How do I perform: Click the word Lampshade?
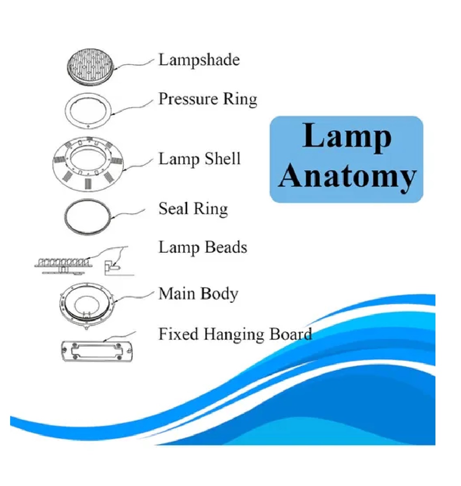point(199,60)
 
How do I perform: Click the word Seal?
point(173,209)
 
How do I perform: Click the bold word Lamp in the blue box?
point(347,136)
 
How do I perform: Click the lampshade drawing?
point(90,67)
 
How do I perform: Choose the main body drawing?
point(88,305)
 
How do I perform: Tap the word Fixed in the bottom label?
point(179,334)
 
